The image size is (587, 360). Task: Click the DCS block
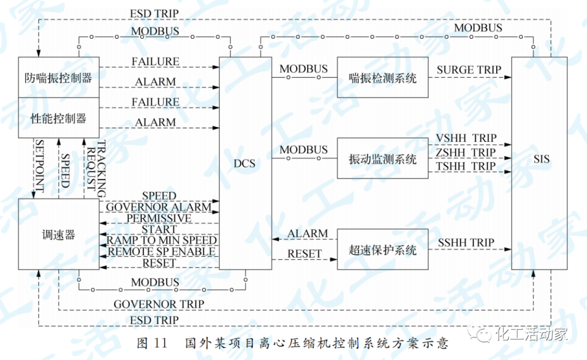click(x=245, y=163)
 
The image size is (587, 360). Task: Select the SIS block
click(x=541, y=160)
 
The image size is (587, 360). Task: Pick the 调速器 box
click(x=58, y=234)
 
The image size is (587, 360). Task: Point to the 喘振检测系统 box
click(x=383, y=77)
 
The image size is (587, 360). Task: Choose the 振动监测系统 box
click(x=383, y=159)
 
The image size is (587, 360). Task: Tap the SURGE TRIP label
click(x=469, y=70)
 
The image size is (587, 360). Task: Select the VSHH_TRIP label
click(x=466, y=139)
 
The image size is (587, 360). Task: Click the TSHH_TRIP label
click(x=466, y=166)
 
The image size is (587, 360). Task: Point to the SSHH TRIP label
click(x=466, y=242)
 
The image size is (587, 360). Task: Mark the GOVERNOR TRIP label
click(x=159, y=304)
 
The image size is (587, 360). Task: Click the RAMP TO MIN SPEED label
click(x=161, y=240)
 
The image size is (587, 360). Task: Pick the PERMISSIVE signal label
click(x=159, y=218)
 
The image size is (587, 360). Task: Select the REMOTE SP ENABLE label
click(x=161, y=252)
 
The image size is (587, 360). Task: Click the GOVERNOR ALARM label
click(x=158, y=207)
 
